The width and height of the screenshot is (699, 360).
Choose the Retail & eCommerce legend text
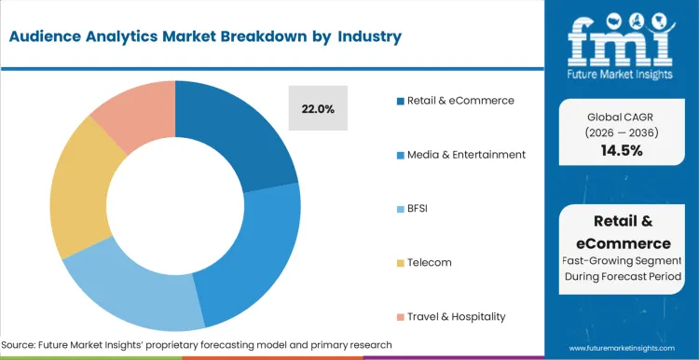tap(459, 100)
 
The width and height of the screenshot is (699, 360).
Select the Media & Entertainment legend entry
tap(465, 154)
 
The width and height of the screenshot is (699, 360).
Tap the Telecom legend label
tap(429, 262)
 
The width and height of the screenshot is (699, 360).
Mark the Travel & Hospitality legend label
tap(456, 316)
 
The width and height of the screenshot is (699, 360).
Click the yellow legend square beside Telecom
tap(399, 263)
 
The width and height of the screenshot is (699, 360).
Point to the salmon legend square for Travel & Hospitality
tap(399, 317)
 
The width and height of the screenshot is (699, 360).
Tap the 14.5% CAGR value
tap(623, 150)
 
